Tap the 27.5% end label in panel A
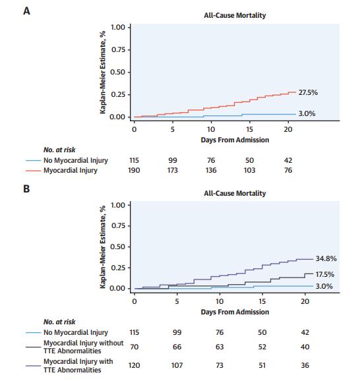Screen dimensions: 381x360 (309, 92)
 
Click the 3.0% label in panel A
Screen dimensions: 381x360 (307, 113)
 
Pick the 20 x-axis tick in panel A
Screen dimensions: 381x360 (287, 129)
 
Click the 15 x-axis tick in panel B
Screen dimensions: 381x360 (262, 301)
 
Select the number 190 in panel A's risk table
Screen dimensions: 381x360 (135, 171)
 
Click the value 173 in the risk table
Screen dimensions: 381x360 (173, 171)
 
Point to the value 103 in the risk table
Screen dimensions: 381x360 (249, 171)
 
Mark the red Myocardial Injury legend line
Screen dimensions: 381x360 (34, 171)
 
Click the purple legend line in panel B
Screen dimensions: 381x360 (34, 365)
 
